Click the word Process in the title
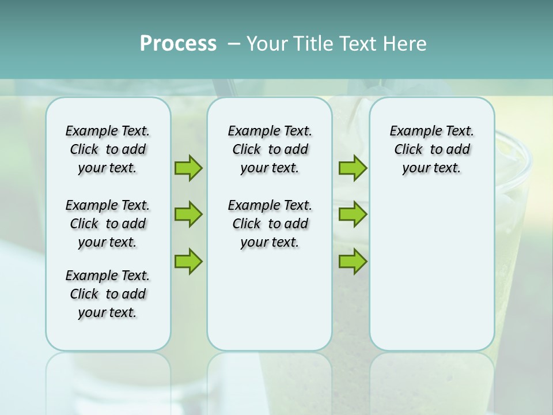pyautogui.click(x=178, y=44)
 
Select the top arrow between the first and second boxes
pyautogui.click(x=188, y=168)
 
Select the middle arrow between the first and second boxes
pyautogui.click(x=188, y=214)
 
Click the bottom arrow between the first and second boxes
pyautogui.click(x=188, y=261)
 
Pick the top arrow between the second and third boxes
pyautogui.click(x=353, y=168)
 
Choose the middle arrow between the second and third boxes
pyautogui.click(x=353, y=214)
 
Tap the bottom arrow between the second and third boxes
pyautogui.click(x=353, y=261)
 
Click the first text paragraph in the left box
pyautogui.click(x=108, y=149)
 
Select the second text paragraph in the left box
pyautogui.click(x=108, y=224)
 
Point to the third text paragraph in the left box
pyautogui.click(x=108, y=294)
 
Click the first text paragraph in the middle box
pyautogui.click(x=270, y=149)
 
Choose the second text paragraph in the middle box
pyautogui.click(x=270, y=224)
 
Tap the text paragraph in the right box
pyautogui.click(x=432, y=149)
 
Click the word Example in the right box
pyautogui.click(x=411, y=131)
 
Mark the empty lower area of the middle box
pyautogui.click(x=270, y=300)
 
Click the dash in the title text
pyautogui.click(x=234, y=44)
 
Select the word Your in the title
pyautogui.click(x=267, y=44)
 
